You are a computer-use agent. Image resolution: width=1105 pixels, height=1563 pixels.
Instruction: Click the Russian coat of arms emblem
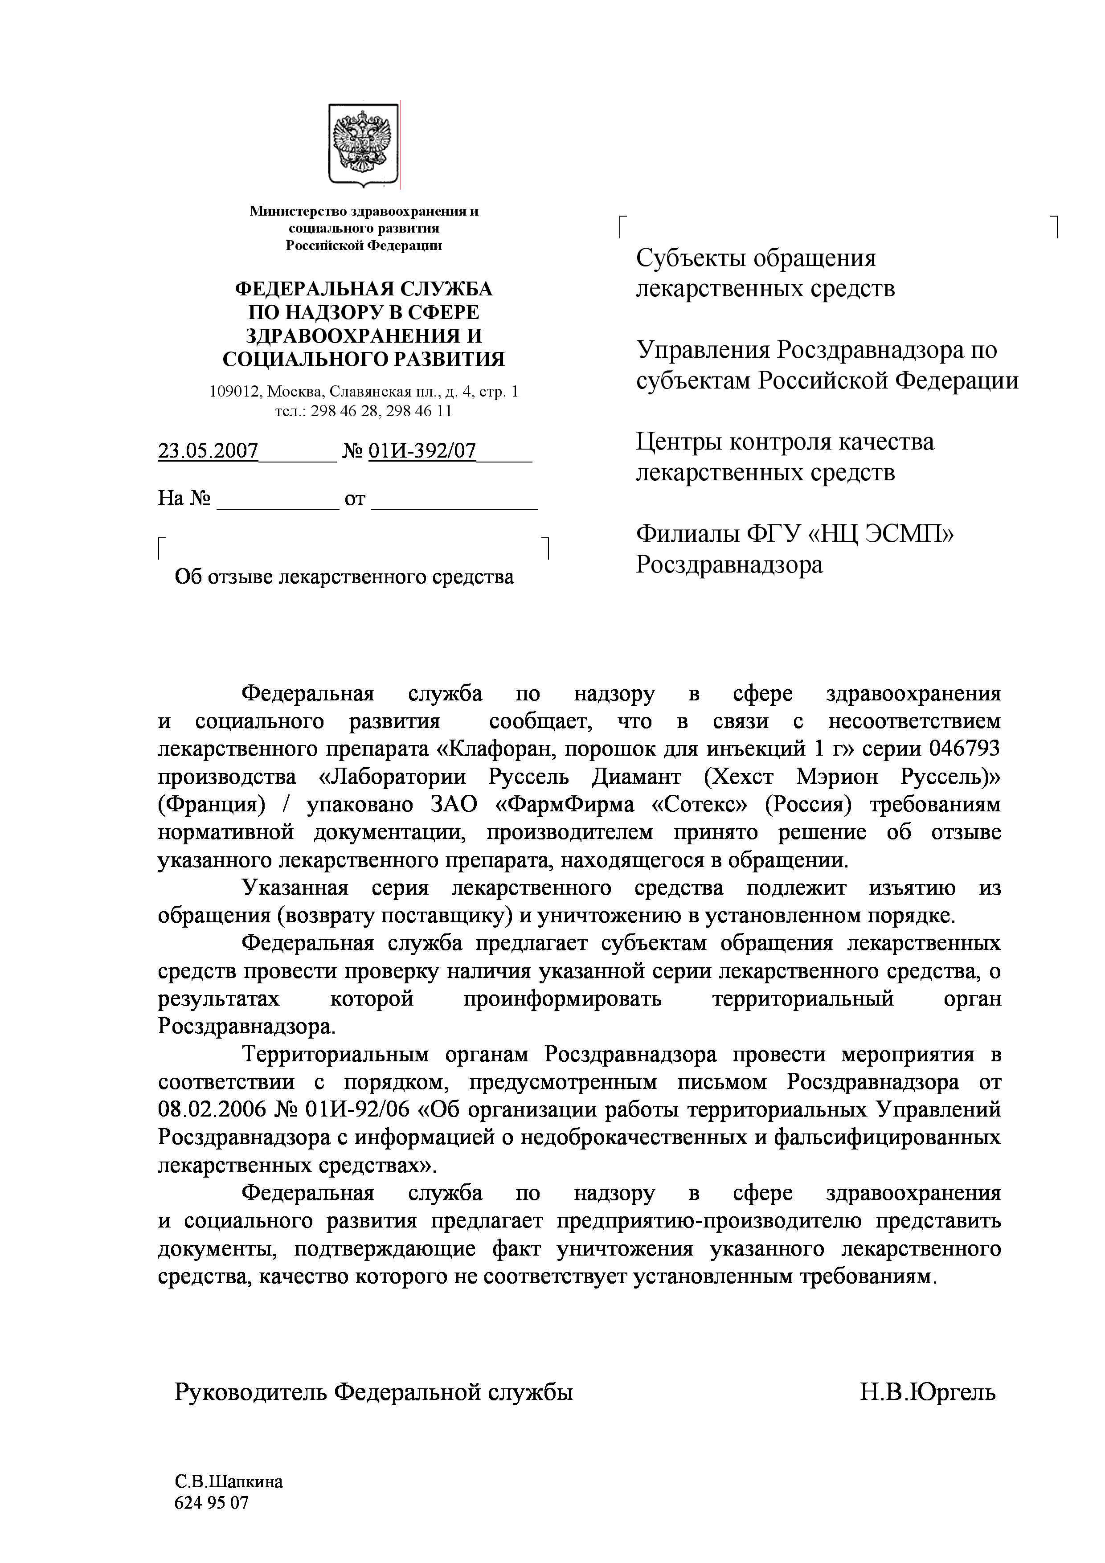tap(364, 145)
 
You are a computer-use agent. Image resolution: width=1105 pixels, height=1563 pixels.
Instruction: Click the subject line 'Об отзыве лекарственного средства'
tap(344, 577)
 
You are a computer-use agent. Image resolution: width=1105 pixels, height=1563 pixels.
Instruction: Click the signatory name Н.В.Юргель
tap(927, 1393)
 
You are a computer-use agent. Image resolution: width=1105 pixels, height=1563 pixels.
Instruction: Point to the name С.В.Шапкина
tap(228, 1482)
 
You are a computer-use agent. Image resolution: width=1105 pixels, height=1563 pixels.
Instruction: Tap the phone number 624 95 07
tap(212, 1502)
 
